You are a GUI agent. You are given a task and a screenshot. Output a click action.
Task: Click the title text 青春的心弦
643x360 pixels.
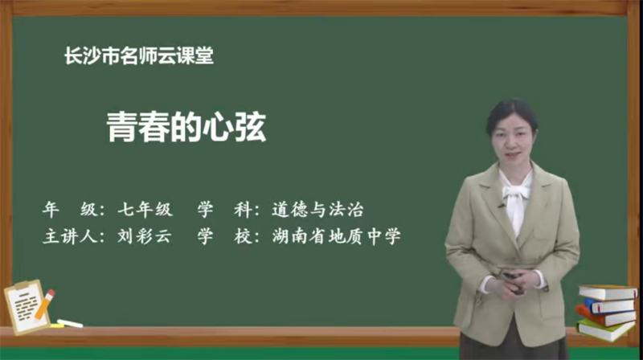(x=186, y=126)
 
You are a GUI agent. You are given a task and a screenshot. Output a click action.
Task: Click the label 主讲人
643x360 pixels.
(x=67, y=237)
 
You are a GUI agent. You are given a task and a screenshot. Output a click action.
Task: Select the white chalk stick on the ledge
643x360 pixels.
(x=71, y=323)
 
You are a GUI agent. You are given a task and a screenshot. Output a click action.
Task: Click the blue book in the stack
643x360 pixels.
(x=609, y=305)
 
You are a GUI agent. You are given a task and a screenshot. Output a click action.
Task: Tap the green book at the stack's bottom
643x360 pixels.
(x=604, y=329)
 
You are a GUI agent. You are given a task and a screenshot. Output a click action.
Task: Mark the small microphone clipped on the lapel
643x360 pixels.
(x=501, y=207)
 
